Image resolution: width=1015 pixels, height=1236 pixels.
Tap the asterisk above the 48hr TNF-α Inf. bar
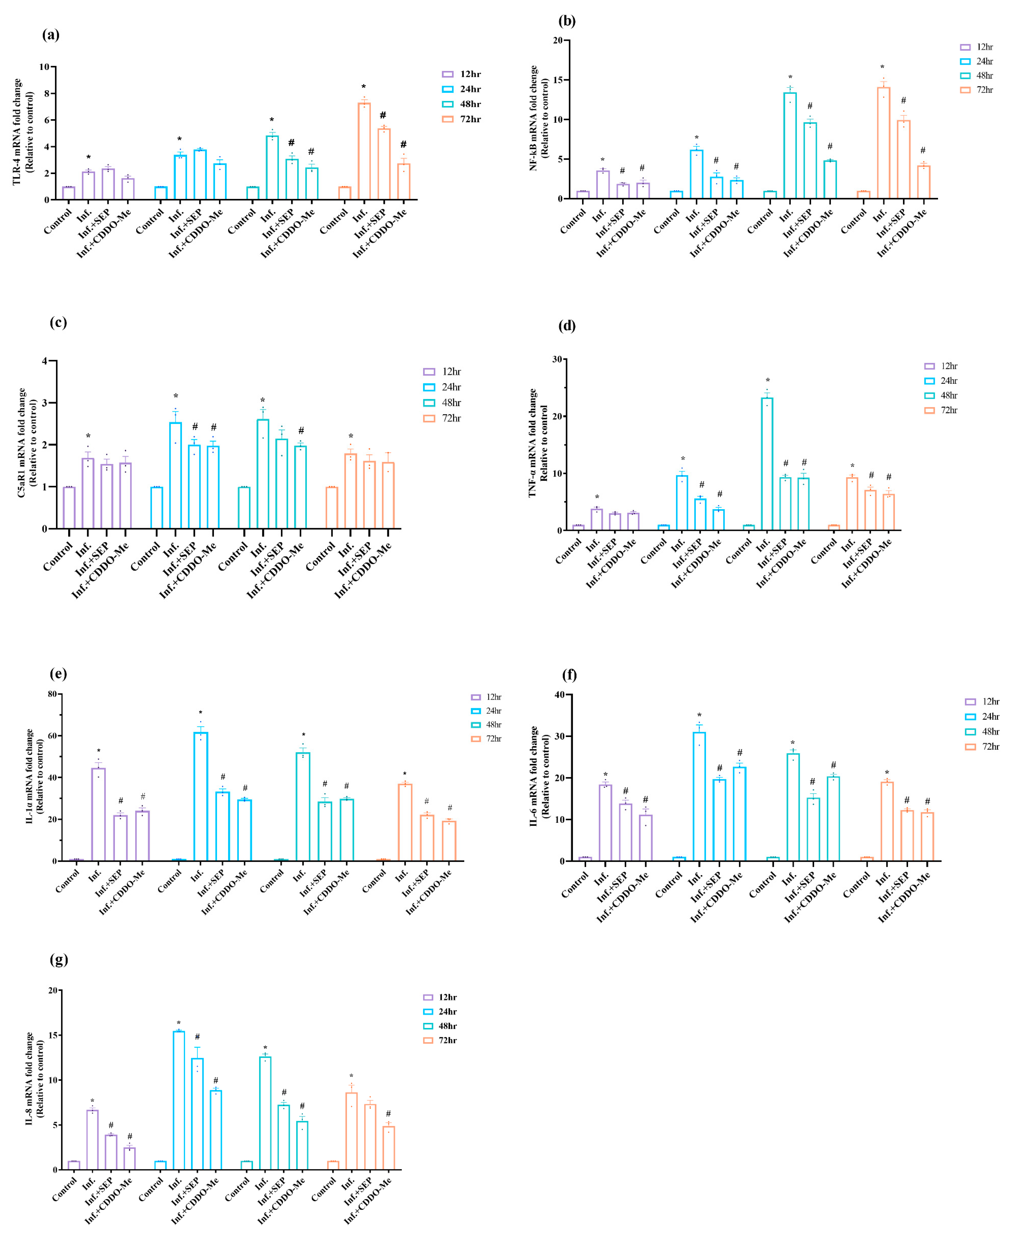768,381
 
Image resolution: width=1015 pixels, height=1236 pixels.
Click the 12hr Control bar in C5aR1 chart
69,507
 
